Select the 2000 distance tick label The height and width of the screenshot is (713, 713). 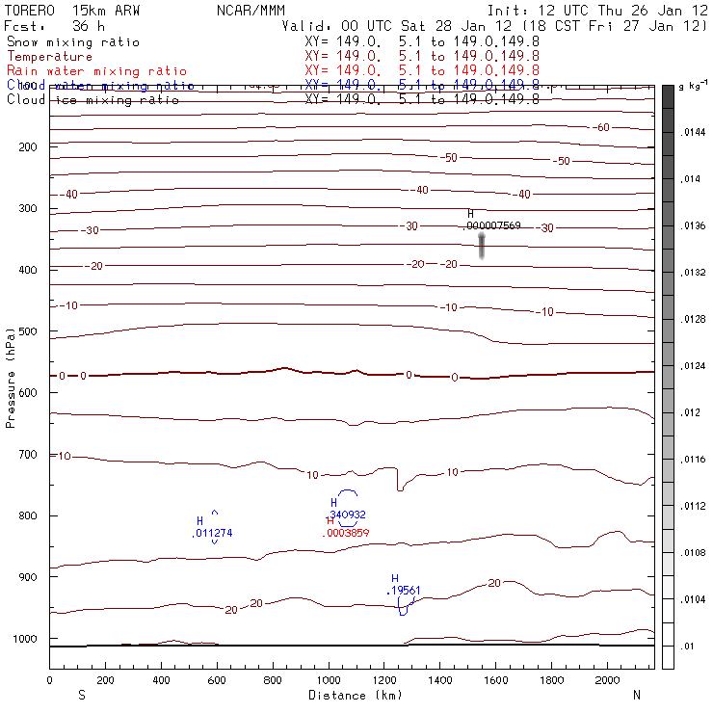(608, 680)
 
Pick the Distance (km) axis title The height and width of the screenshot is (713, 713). (352, 695)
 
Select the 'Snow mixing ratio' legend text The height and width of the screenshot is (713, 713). (72, 42)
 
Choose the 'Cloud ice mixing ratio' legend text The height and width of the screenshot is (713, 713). (92, 99)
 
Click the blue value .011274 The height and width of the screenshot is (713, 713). (212, 533)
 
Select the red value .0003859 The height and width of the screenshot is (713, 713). (347, 532)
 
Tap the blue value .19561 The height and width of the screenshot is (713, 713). (404, 590)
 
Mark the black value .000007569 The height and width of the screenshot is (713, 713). (492, 224)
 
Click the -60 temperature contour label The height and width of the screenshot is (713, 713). (600, 128)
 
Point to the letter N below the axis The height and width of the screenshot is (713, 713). (636, 695)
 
